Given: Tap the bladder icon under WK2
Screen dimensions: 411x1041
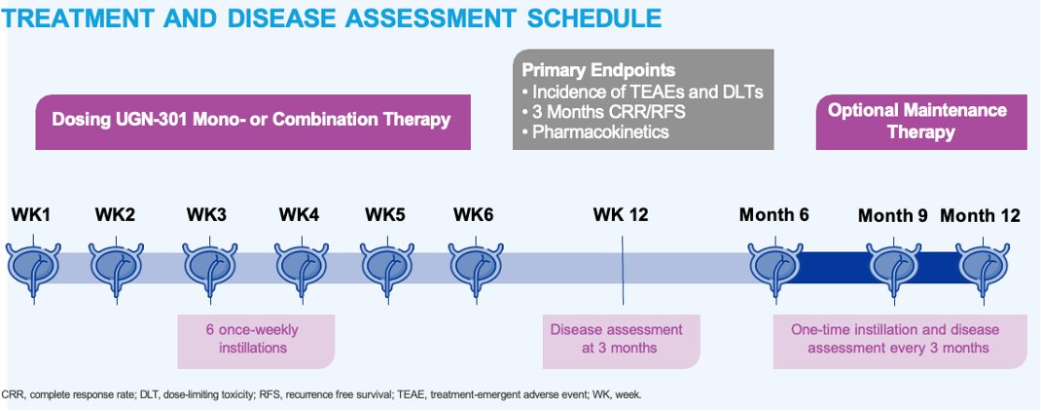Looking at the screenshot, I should (117, 264).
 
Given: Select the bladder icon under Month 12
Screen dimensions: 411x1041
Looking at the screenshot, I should (981, 264).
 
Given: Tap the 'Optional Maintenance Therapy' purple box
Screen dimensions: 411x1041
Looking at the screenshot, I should (916, 122).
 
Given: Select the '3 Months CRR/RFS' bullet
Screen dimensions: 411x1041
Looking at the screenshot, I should (604, 111).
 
